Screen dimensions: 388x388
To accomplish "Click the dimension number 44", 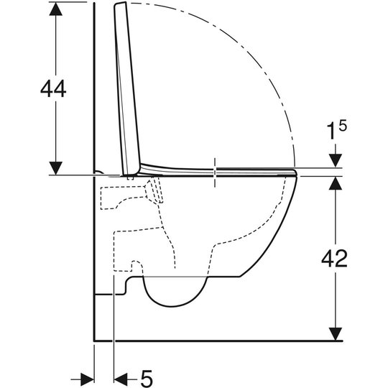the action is pyautogui.click(x=53, y=89).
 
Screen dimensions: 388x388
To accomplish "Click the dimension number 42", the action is pyautogui.click(x=334, y=259).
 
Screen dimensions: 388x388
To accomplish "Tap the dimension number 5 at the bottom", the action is pyautogui.click(x=147, y=379).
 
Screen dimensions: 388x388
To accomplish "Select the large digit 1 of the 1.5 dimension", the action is pyautogui.click(x=331, y=132).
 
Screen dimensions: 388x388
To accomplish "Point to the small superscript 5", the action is pyautogui.click(x=343, y=126).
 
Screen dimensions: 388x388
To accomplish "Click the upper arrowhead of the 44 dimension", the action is pyautogui.click(x=55, y=9).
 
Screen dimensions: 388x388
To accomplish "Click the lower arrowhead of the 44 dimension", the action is pyautogui.click(x=55, y=168).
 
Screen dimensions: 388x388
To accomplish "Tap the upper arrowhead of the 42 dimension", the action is pyautogui.click(x=336, y=183).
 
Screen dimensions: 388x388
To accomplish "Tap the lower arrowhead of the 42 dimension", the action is pyautogui.click(x=336, y=334).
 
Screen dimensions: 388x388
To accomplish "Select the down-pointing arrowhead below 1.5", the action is pyautogui.click(x=336, y=161).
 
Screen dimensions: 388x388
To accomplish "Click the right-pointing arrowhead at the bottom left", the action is pyautogui.click(x=87, y=379).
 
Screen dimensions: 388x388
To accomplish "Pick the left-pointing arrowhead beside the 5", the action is pyautogui.click(x=121, y=379).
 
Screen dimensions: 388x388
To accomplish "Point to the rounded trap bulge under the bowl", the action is pyautogui.click(x=174, y=296).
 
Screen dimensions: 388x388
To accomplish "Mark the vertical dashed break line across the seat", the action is pyautogui.click(x=215, y=172).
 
